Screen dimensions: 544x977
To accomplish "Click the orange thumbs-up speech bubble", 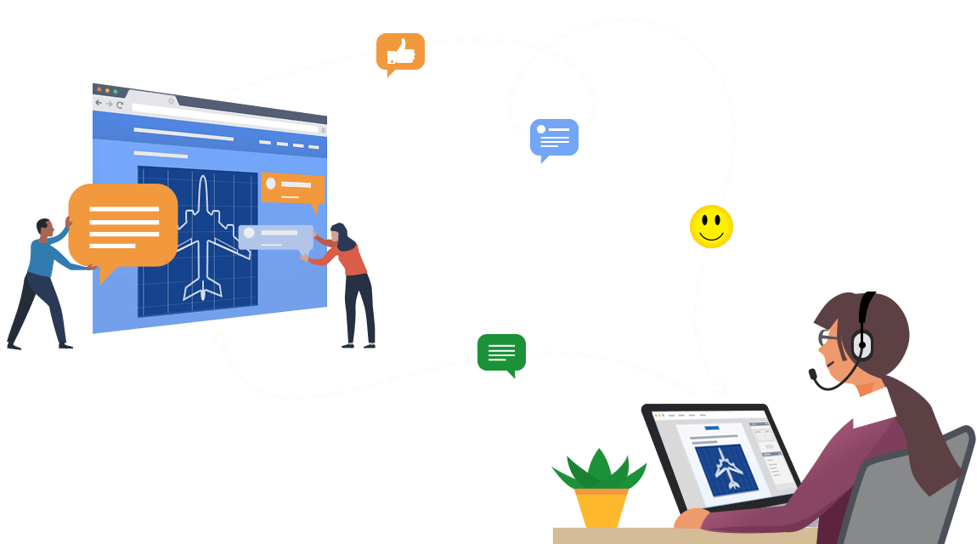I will [400, 53].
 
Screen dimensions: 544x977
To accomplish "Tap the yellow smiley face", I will [711, 227].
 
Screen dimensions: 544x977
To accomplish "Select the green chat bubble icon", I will [501, 351].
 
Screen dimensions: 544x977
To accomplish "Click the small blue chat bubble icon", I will [554, 137].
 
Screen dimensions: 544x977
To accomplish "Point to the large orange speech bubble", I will [123, 225].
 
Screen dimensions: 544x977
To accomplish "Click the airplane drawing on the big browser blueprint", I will [203, 239].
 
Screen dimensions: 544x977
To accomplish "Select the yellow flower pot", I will [601, 506].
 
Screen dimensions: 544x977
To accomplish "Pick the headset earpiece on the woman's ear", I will [861, 345].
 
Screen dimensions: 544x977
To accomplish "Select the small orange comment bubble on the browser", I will [291, 189].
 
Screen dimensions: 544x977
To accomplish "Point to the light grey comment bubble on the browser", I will [275, 236].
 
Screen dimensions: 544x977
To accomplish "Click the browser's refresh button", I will [120, 105].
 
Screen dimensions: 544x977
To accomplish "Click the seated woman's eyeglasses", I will [827, 338].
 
